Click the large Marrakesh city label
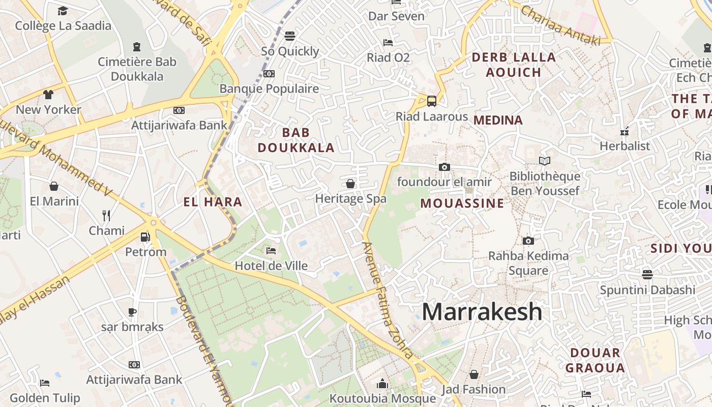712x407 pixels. [x=482, y=311]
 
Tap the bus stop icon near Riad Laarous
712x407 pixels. [x=432, y=101]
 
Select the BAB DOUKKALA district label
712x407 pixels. [x=296, y=140]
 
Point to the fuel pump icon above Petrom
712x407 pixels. [x=145, y=237]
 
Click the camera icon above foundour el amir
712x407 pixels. [x=444, y=167]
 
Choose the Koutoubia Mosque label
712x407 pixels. [x=382, y=398]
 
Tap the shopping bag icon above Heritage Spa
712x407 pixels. [x=350, y=184]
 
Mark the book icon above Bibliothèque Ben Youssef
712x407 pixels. [x=545, y=161]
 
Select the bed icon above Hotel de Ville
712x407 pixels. [x=271, y=251]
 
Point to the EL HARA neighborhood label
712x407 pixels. [x=213, y=202]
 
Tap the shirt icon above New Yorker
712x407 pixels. [x=48, y=95]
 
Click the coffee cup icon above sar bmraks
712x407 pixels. [x=132, y=312]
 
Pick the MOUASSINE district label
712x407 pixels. [x=462, y=203]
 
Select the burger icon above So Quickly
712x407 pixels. [x=290, y=36]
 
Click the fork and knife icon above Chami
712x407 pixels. [x=106, y=216]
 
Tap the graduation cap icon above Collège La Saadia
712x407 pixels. [x=63, y=11]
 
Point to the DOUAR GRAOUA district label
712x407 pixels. [x=595, y=360]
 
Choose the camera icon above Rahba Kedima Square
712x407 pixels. [x=528, y=241]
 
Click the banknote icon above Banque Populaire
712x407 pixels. [x=269, y=74]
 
